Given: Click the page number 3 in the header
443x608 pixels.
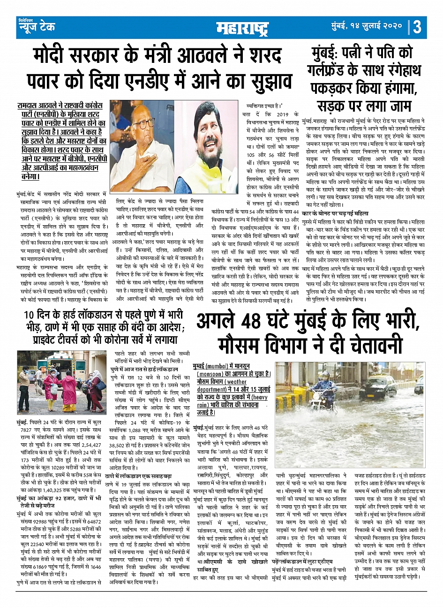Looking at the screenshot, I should point(417,27).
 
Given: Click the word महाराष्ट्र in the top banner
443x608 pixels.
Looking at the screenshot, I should point(242,28).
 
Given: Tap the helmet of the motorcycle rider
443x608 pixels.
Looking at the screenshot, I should point(324,376).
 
